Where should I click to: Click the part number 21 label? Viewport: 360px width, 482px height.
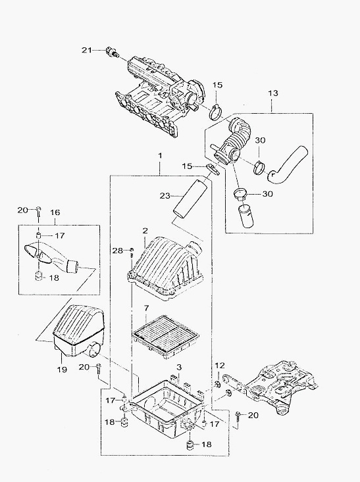pos(87,50)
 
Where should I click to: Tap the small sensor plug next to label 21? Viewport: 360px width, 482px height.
pos(112,52)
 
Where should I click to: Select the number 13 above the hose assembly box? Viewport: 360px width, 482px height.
pos(273,93)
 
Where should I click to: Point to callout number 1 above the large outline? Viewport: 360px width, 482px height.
pos(160,156)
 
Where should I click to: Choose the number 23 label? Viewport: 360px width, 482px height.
pos(166,195)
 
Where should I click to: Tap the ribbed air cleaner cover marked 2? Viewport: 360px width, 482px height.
pos(165,270)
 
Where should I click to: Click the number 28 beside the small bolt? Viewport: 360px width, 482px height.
pos(118,251)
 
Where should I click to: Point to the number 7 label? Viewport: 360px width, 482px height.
pos(146,308)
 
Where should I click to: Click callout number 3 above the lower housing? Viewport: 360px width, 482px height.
pos(179,367)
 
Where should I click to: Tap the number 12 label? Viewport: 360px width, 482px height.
pos(220,366)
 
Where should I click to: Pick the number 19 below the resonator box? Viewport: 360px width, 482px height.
pos(62,369)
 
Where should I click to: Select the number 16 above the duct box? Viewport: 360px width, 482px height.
pos(55,212)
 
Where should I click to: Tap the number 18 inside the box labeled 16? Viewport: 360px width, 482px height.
pos(54,278)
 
